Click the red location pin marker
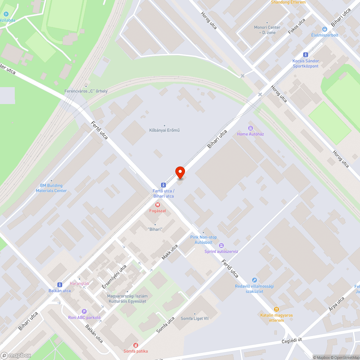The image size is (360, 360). pos(180,172)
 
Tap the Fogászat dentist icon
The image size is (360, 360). pos(157,204)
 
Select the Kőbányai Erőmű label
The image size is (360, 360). pos(164,130)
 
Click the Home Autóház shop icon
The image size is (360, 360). pos(250,128)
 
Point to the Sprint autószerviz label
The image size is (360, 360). pos(221,251)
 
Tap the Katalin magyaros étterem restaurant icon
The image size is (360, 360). pos(276,309)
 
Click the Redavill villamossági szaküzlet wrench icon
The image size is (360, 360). pos(255,280)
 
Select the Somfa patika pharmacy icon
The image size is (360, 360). pos(136,345)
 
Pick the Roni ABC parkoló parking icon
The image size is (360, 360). pos(85,311)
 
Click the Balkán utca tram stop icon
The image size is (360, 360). pos(59,284)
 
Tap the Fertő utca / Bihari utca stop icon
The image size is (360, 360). pos(163,184)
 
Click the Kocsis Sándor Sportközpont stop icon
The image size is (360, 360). pos(306,55)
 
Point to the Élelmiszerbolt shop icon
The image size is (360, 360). pos(325,29)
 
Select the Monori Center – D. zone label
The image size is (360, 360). pos(267,30)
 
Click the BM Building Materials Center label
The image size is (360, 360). pos(51,188)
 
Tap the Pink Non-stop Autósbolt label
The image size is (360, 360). pos(203,240)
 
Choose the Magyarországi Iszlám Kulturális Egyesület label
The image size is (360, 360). pos(127,298)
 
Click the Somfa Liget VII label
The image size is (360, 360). pos(194,318)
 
